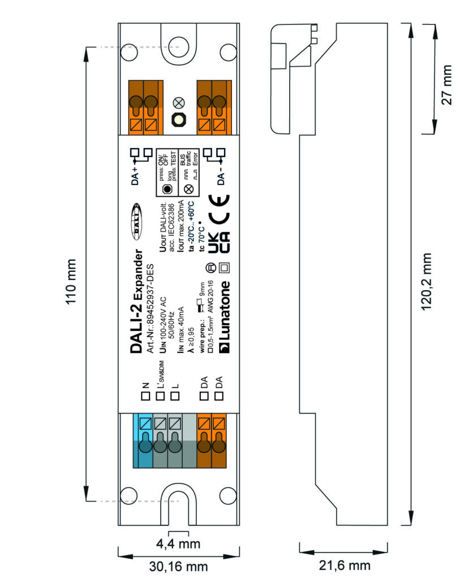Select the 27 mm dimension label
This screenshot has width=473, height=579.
(x=448, y=80)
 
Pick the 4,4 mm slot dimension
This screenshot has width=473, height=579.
(x=178, y=544)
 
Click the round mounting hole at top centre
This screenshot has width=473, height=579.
(x=179, y=45)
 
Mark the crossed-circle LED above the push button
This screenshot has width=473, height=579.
(x=179, y=103)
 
